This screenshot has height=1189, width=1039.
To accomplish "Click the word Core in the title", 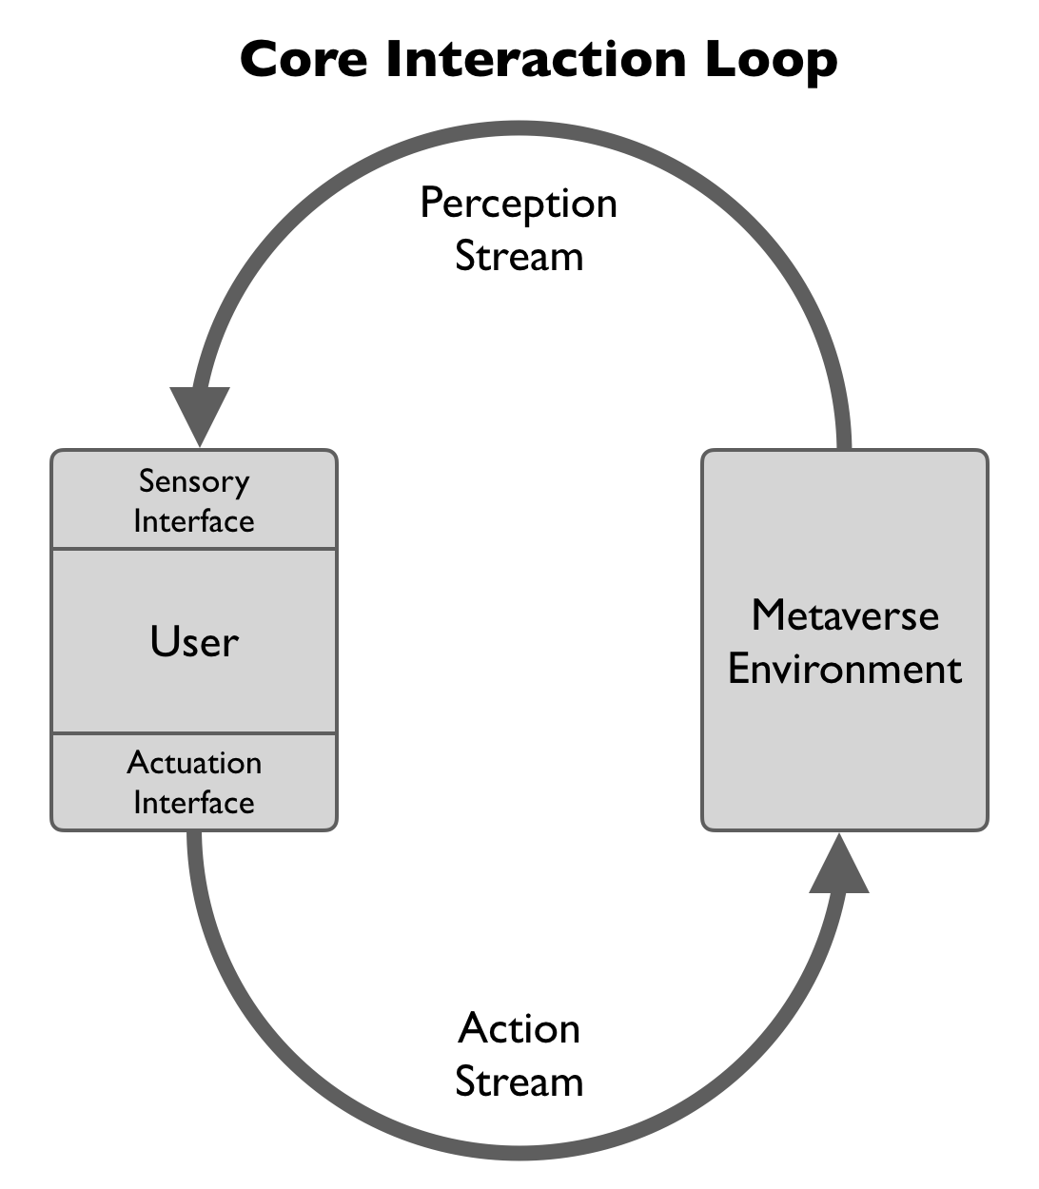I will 303,59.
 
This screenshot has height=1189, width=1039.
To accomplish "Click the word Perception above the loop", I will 519,205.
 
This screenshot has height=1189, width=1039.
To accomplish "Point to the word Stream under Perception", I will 519,257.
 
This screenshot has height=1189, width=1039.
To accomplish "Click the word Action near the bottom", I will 519,1029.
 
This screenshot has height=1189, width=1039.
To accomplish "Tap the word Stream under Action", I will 519,1082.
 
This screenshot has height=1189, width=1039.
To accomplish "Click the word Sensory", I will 194,481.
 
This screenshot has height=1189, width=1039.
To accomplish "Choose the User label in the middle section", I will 194,642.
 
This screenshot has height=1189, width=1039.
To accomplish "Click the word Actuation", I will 194,763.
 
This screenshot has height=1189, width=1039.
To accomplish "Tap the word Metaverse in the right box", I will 845,615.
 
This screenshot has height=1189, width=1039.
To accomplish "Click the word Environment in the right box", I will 845,669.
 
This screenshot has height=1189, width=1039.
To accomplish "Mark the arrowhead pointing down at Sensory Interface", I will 200,415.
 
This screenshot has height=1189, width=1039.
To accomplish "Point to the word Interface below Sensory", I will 194,521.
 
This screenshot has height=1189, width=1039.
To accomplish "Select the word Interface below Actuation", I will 194,803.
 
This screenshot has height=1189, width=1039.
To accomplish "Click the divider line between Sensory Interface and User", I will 194,549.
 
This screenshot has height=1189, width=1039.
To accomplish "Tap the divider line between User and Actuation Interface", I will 194,733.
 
